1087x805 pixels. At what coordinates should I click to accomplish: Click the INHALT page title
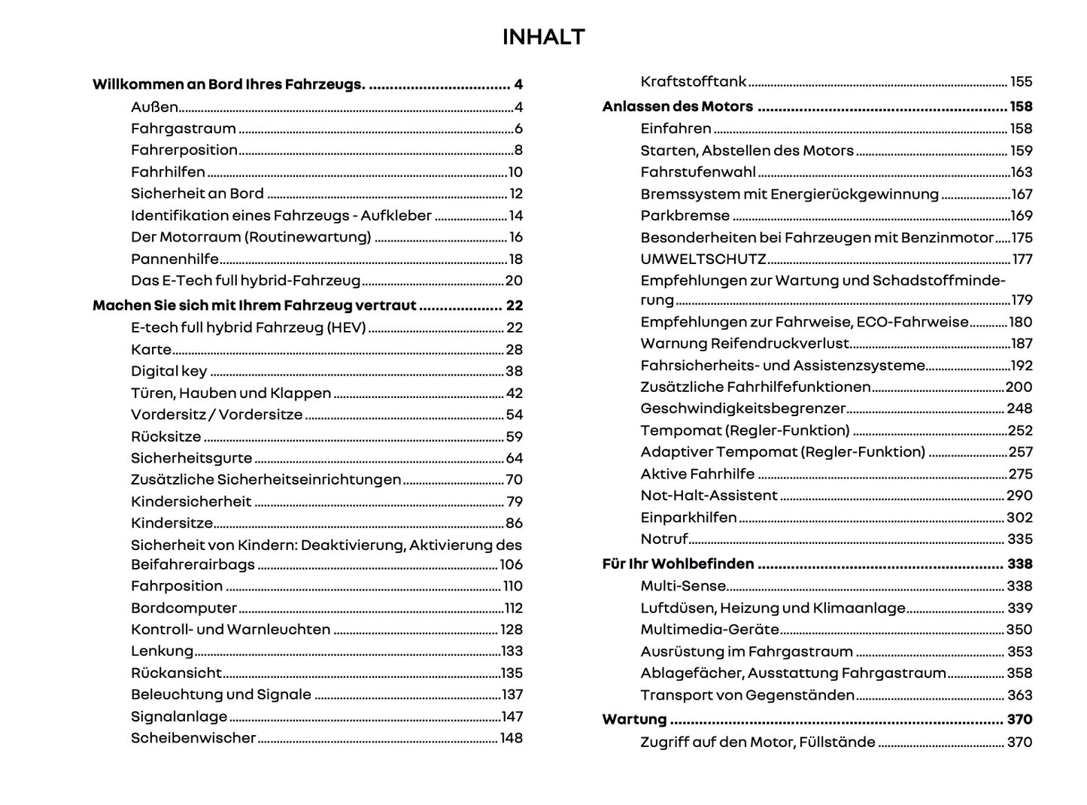point(543,37)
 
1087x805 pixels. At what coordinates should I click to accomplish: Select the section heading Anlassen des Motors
point(677,107)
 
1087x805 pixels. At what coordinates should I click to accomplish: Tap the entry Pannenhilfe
point(175,259)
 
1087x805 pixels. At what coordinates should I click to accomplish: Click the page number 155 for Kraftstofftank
point(1021,82)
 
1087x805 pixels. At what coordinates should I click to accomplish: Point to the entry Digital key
point(169,371)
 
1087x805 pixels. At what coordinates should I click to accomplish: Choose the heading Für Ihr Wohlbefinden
point(678,564)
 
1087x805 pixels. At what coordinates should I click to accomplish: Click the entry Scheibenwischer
point(193,738)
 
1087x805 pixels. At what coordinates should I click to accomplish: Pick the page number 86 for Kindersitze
point(514,524)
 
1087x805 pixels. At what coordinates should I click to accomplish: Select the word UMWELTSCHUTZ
point(703,259)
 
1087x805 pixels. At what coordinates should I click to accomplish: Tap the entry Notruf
point(663,539)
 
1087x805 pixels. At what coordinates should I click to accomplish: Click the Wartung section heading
point(634,719)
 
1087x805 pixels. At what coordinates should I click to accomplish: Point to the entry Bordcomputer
point(184,608)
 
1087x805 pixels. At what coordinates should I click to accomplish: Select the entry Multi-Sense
point(683,586)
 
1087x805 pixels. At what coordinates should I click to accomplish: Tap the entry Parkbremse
point(685,216)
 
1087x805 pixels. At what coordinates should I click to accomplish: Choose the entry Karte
point(151,350)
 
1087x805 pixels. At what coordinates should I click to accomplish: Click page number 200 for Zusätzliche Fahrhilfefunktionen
point(1019,387)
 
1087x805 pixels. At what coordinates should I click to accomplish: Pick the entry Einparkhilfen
point(688,518)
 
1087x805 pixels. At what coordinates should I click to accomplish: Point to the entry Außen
point(154,107)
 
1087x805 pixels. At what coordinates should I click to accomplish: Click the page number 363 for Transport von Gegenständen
point(1020,695)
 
